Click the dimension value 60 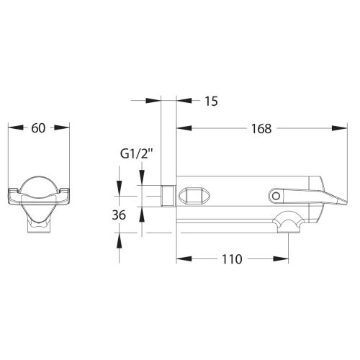[x=38, y=128]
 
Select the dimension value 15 [x=211, y=101]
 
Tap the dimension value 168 [x=261, y=128]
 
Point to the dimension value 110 [x=232, y=259]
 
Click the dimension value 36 [x=119, y=215]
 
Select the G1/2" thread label [x=137, y=154]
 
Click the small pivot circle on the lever [x=276, y=196]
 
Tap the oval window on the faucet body [x=194, y=196]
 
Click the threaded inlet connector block [x=168, y=196]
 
